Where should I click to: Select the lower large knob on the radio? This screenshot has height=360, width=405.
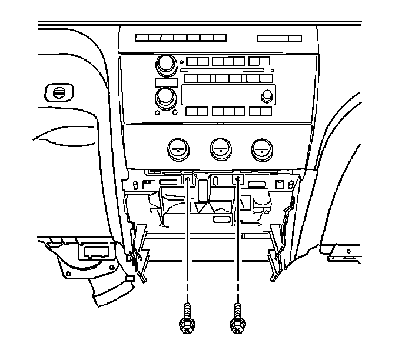165,96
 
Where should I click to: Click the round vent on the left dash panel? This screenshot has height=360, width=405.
59,92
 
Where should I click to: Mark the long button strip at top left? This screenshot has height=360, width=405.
181,38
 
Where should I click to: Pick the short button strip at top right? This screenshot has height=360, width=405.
279,38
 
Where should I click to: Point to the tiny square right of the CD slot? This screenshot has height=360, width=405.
271,70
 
